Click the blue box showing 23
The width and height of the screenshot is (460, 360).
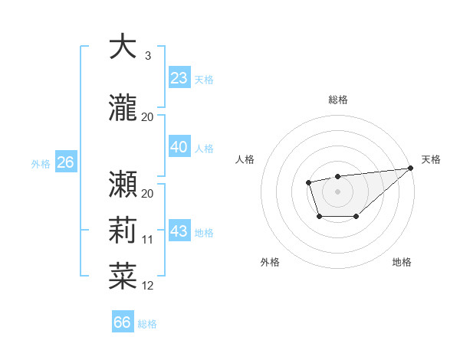(179, 78)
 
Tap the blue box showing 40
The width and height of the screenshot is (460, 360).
(179, 147)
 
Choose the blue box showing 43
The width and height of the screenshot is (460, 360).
(179, 231)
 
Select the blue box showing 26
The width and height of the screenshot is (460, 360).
(66, 162)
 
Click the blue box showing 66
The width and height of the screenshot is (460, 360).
(123, 322)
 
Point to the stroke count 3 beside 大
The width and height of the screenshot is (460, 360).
(148, 56)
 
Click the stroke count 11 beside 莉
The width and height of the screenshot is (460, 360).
(148, 240)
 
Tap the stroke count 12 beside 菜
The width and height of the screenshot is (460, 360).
(148, 286)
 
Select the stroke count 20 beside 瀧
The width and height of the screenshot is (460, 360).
(148, 117)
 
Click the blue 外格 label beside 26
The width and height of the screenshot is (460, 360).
(41, 163)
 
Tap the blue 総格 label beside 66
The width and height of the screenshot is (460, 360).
(147, 324)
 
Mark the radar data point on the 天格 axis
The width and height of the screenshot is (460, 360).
(411, 169)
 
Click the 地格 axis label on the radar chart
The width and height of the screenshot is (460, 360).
(402, 262)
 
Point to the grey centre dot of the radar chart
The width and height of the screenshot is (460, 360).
(337, 191)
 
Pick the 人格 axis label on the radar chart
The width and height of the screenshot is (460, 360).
(245, 159)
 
